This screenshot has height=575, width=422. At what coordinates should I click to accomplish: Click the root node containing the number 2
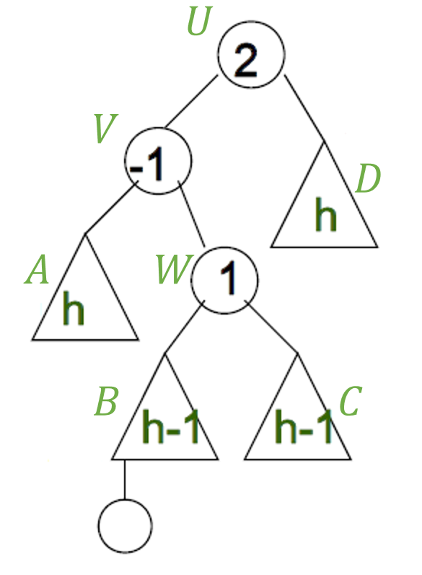pyautogui.click(x=251, y=55)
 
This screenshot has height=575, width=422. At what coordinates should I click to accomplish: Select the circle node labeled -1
pyautogui.click(x=158, y=161)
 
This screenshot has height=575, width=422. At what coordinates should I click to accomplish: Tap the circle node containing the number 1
pyautogui.click(x=224, y=280)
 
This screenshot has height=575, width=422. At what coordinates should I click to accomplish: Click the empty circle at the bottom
pyautogui.click(x=125, y=525)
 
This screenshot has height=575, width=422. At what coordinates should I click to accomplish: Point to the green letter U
pyautogui.click(x=199, y=21)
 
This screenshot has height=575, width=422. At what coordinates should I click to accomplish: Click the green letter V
pyautogui.click(x=105, y=128)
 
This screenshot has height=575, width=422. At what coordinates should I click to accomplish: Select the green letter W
pyautogui.click(x=174, y=270)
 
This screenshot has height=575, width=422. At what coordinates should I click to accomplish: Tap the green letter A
pyautogui.click(x=37, y=270)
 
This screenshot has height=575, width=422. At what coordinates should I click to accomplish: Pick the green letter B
pyautogui.click(x=106, y=401)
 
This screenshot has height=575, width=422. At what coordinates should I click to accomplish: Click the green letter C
pyautogui.click(x=351, y=401)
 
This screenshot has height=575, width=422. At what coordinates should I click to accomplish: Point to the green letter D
pyautogui.click(x=368, y=178)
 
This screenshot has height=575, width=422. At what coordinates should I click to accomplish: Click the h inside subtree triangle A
pyautogui.click(x=74, y=308)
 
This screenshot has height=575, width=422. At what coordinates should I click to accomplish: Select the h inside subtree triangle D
pyautogui.click(x=325, y=214)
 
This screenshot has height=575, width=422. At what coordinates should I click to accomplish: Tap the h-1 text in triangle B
pyautogui.click(x=170, y=426)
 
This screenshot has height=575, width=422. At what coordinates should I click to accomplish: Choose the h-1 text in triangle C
pyautogui.click(x=304, y=426)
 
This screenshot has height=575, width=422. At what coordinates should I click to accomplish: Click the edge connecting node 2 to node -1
pyautogui.click(x=190, y=101)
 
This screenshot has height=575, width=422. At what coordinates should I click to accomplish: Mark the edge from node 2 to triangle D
pyautogui.click(x=304, y=107)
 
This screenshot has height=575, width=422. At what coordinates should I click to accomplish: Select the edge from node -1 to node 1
pyautogui.click(x=191, y=214)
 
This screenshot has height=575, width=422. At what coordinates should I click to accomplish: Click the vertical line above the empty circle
pyautogui.click(x=125, y=479)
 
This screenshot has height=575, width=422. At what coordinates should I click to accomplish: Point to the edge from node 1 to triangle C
pyautogui.click(x=271, y=327)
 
